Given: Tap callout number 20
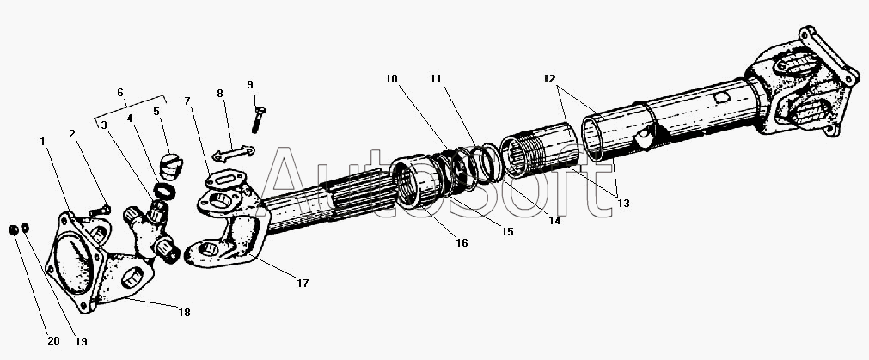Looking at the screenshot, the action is (x=53, y=340).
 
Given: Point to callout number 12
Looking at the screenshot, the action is (x=548, y=79).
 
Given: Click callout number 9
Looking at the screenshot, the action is (x=250, y=84).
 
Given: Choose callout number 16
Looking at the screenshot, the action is (x=462, y=243).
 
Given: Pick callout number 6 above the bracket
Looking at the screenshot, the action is (x=120, y=92).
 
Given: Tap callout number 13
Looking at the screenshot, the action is (x=622, y=203).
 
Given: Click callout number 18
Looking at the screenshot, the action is (x=183, y=312).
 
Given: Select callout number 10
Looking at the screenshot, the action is (x=392, y=79).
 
